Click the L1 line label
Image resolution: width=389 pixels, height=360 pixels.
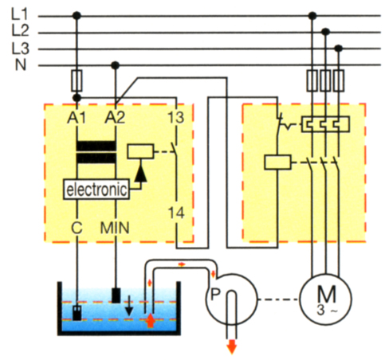pyautogui.click(x=19, y=14)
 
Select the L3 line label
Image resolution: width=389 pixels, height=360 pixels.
pyautogui.click(x=20, y=49)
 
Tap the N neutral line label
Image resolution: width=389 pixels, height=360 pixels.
pyautogui.click(x=21, y=65)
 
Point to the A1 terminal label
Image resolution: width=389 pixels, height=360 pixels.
pyautogui.click(x=77, y=117)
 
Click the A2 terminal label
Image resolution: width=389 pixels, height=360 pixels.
pyautogui.click(x=115, y=117)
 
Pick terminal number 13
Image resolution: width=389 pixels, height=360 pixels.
pyautogui.click(x=176, y=117)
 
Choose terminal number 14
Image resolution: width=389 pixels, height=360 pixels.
pyautogui.click(x=176, y=213)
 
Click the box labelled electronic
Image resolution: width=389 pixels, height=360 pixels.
pyautogui.click(x=96, y=190)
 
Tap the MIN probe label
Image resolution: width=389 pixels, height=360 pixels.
pyautogui.click(x=115, y=228)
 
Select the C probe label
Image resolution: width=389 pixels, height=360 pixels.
pyautogui.click(x=77, y=228)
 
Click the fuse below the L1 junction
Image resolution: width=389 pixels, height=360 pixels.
pyautogui.click(x=77, y=80)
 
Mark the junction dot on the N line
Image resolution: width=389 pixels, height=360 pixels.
pyautogui.click(x=115, y=65)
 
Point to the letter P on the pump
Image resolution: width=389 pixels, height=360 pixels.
pyautogui.click(x=215, y=294)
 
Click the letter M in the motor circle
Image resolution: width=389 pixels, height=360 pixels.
pyautogui.click(x=327, y=294)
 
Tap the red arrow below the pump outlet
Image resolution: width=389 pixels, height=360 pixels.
pyautogui.click(x=232, y=347)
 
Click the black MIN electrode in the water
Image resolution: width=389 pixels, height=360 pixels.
pyautogui.click(x=116, y=295)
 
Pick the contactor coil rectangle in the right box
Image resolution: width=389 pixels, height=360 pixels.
pyautogui.click(x=277, y=162)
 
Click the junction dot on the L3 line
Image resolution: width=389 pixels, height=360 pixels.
pyautogui.click(x=338, y=49)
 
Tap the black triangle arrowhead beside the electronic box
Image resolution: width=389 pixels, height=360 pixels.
pyautogui.click(x=140, y=174)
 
